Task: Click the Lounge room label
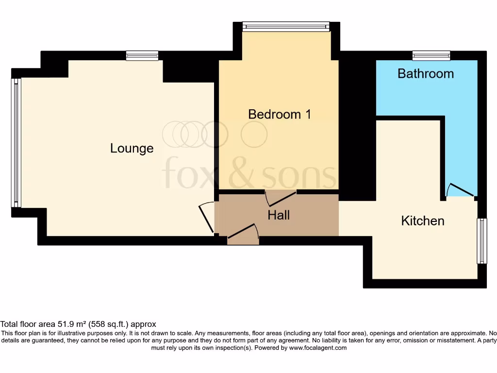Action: (x=132, y=148)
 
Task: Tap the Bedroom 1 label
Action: (x=279, y=114)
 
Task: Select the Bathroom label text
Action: (x=426, y=73)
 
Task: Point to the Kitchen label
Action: (x=423, y=220)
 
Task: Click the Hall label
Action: (x=279, y=215)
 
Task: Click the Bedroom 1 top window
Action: (x=286, y=26)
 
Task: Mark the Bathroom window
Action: (x=431, y=55)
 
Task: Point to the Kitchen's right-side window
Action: (x=481, y=241)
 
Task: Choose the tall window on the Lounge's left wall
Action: (x=16, y=143)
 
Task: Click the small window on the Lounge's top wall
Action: (x=142, y=55)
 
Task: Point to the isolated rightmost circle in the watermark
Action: (x=254, y=135)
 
